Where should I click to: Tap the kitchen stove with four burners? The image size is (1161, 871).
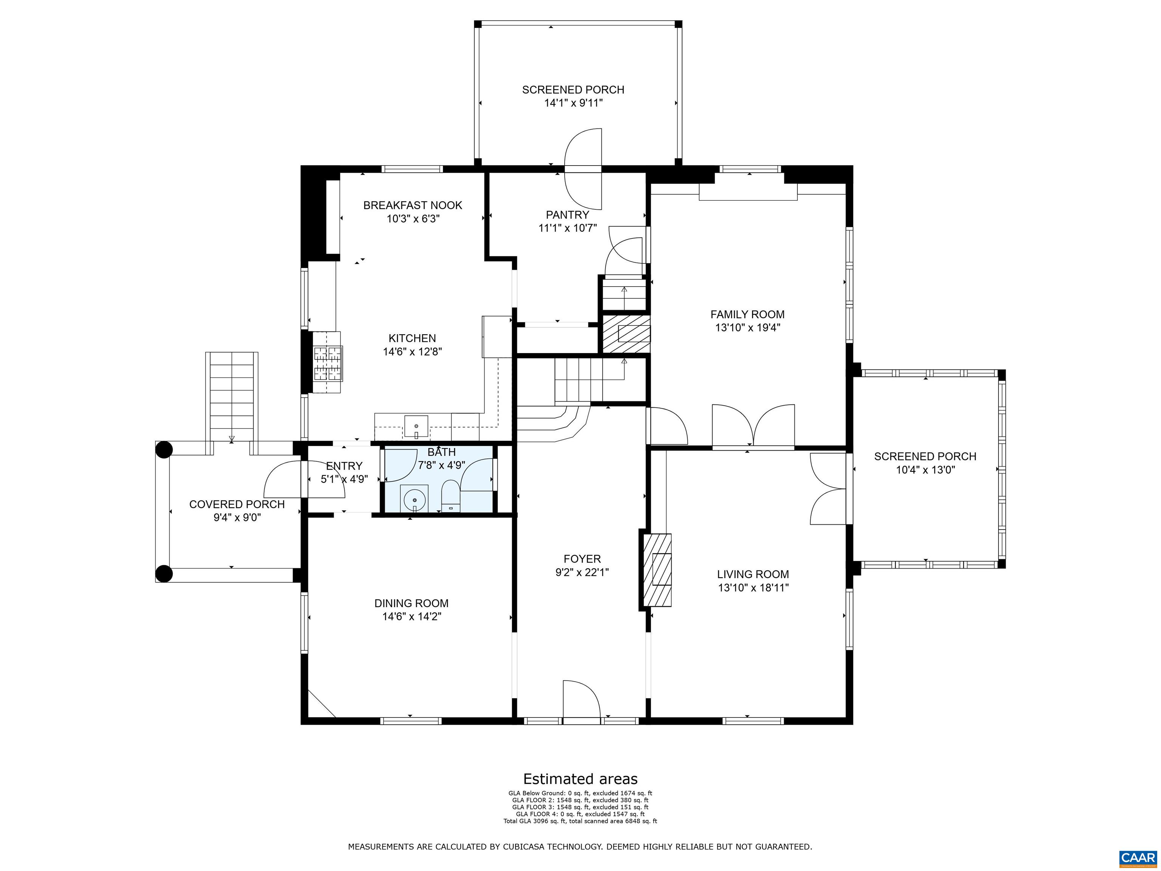pos(327,362)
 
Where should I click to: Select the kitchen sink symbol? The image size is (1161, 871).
pos(416,426)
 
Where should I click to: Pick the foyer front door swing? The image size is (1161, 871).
pos(581,699)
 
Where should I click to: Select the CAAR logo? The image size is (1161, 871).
pos(1138,858)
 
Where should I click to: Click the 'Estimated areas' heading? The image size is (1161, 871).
pos(580,779)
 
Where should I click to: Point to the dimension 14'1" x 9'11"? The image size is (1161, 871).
pos(573,103)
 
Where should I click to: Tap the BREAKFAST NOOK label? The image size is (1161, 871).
pos(413,205)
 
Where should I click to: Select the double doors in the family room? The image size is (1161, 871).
pos(753,426)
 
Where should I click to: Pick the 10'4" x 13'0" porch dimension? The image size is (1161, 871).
pos(925,470)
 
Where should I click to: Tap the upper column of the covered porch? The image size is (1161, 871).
pos(164,450)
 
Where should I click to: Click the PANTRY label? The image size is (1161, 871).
pos(567,215)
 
